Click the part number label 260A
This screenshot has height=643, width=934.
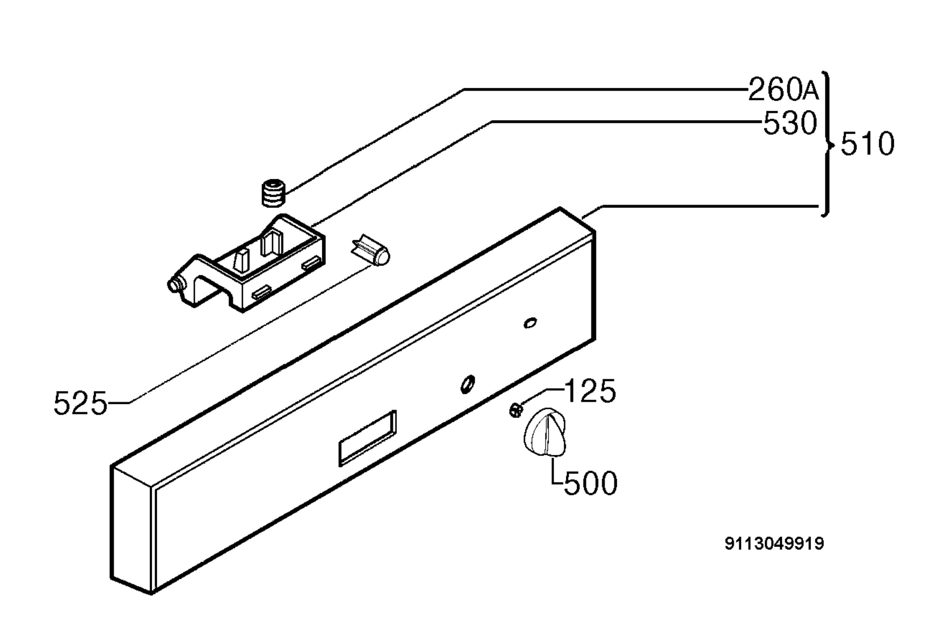(783, 89)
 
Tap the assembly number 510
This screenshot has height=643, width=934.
(867, 144)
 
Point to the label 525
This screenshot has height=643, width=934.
(81, 403)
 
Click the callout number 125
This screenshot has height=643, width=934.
(590, 390)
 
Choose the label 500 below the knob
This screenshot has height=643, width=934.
(590, 483)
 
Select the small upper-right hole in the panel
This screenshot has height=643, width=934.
(530, 323)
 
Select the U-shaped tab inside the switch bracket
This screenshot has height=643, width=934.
(271, 241)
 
